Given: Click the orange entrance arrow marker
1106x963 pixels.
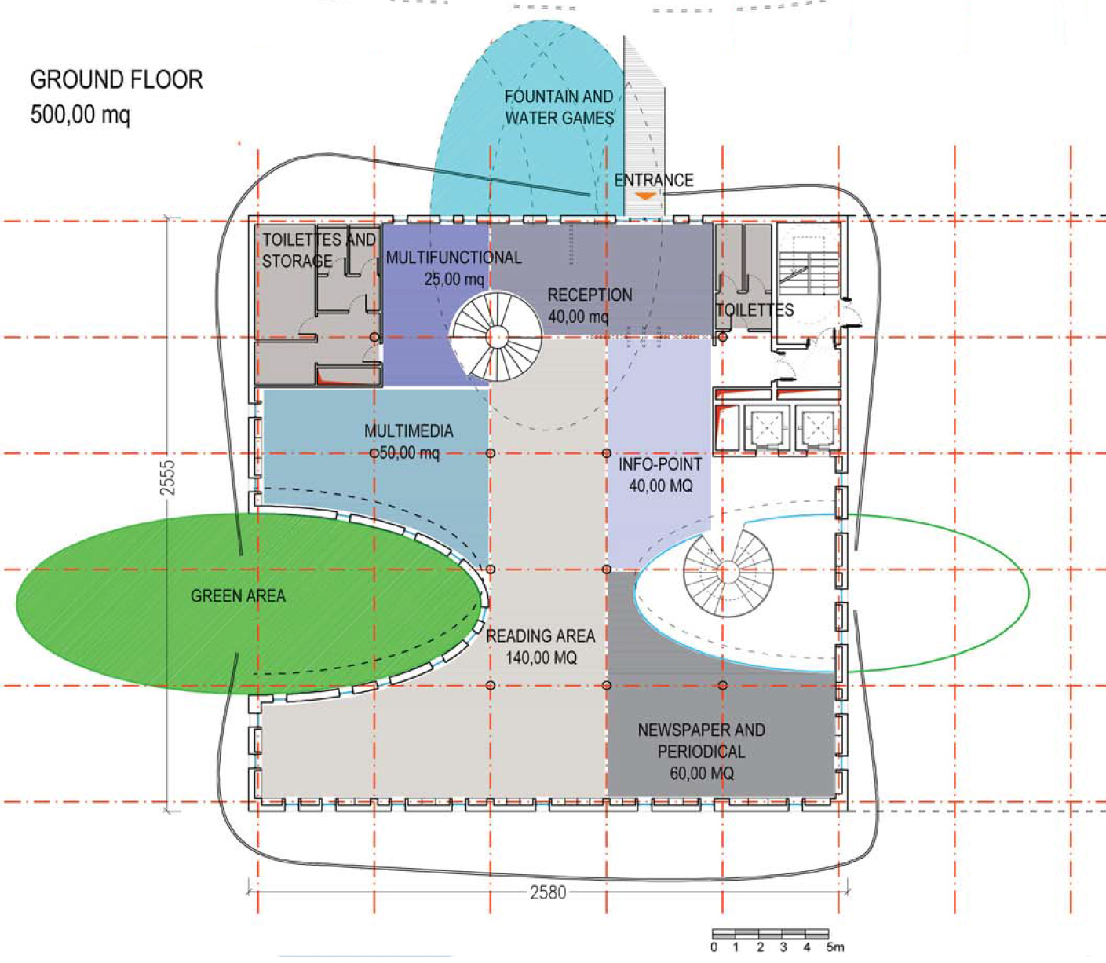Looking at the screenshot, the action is pos(645,196).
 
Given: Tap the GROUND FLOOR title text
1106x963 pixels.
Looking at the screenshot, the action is pos(116,80).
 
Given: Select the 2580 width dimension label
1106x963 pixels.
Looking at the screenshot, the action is pos(548,892).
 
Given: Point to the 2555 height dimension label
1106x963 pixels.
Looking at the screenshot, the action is pos(167,478).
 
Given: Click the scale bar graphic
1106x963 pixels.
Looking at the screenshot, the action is pos(770,934).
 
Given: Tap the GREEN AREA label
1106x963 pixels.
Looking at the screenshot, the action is pos(238,596).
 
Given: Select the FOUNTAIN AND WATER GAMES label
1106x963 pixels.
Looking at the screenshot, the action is pos(559,107).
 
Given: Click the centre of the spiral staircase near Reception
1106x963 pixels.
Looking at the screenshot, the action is pos(497,337).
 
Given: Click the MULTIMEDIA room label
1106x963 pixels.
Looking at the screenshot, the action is pos(409,431).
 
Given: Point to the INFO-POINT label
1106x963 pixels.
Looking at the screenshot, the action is pos(660,464).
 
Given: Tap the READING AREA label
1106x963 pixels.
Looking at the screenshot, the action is pos(541,636).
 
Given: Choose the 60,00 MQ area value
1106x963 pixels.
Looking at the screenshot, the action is pos(702,773).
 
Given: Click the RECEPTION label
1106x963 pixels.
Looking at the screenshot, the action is pos(590,295).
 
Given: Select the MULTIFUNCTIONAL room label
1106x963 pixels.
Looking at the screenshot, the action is pos(454,258).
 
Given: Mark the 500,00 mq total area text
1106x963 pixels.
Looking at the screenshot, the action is pos(80,115).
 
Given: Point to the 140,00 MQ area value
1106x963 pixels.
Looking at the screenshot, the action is pos(541,657).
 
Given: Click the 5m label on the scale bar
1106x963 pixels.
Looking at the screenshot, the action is pos(835,947).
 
